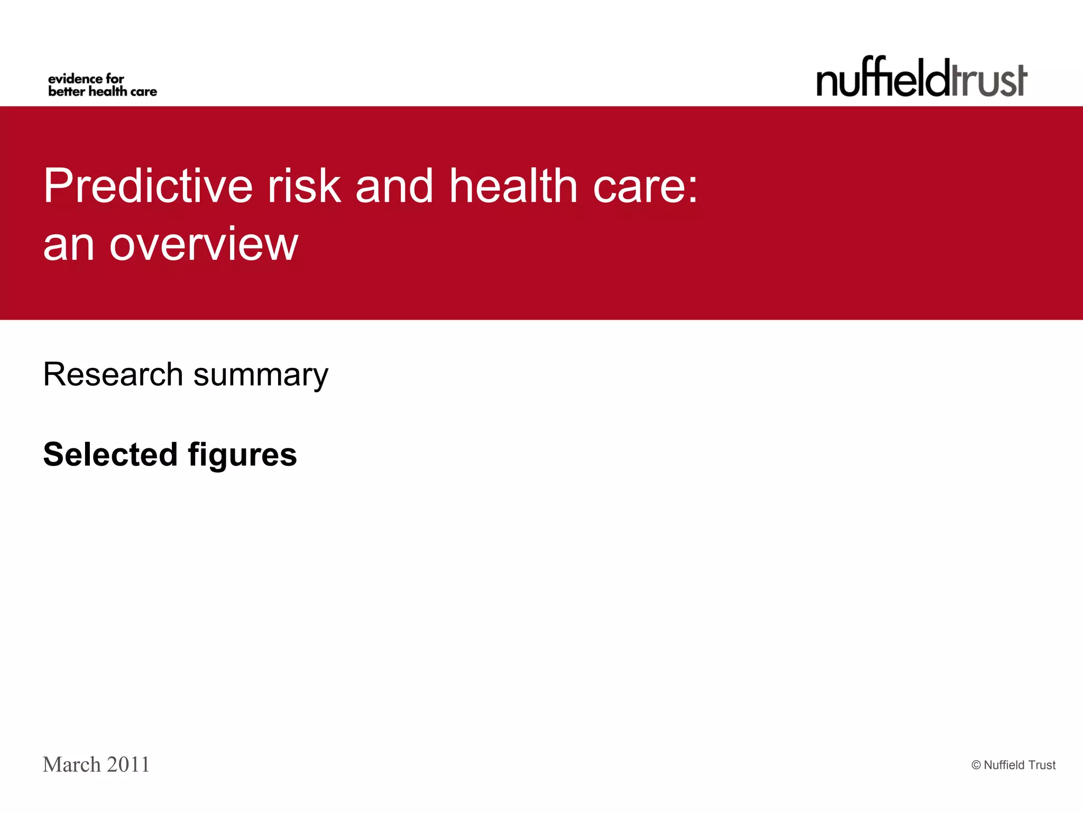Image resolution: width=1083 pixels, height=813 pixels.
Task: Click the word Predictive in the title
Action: coord(148,186)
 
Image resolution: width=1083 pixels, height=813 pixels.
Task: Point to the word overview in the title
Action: coord(204,245)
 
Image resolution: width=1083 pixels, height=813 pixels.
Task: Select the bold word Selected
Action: coord(110,454)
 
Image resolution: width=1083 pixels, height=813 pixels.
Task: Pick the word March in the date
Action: coord(72,765)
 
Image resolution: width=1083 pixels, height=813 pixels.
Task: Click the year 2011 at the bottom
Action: coord(128,765)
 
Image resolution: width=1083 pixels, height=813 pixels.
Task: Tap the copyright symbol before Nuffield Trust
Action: coord(976,765)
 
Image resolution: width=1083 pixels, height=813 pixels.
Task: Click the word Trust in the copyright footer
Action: coord(1042,765)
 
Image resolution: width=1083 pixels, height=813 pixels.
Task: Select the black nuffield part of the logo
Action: coord(883,78)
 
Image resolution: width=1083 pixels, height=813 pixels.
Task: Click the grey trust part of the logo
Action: coord(989,80)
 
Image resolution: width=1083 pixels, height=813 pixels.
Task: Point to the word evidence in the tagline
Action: coord(75,79)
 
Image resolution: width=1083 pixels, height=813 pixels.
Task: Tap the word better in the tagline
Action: coord(66,92)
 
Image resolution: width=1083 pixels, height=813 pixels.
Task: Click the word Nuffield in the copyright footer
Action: coord(1004,765)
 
